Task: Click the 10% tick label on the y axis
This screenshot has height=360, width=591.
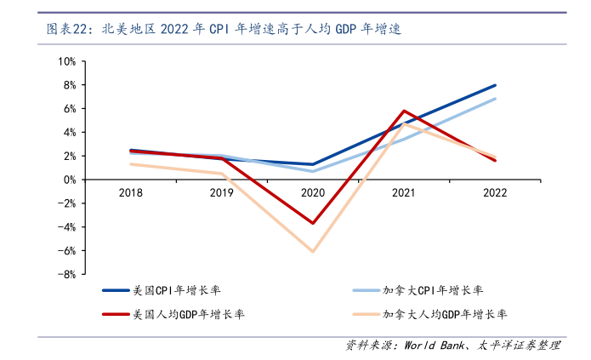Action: coord(66,61)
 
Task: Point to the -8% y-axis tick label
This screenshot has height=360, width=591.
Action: coord(65,275)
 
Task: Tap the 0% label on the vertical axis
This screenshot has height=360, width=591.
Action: coord(69,180)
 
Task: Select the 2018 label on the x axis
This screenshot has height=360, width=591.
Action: coord(131,193)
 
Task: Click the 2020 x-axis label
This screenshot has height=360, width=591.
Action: coord(313,193)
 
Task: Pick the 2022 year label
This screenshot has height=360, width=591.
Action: coord(495,193)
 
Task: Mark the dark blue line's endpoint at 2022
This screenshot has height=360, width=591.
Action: coord(495,85)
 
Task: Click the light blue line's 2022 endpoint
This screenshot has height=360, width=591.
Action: coord(495,99)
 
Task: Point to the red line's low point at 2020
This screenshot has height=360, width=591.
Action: coord(313,223)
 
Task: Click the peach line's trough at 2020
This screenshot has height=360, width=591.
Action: coord(313,252)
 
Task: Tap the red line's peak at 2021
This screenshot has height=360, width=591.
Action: coord(404,111)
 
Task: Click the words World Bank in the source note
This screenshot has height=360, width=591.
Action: coord(434,346)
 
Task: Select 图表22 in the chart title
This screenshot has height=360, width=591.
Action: coord(67,29)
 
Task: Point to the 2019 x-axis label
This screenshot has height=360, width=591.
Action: coord(222,193)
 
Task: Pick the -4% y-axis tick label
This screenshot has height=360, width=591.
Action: coord(65,227)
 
